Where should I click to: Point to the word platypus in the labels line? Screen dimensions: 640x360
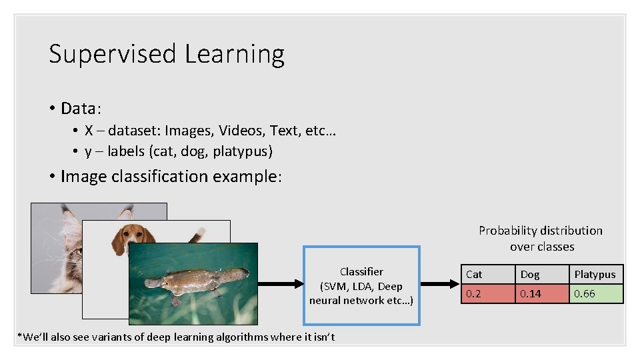[x=243, y=151]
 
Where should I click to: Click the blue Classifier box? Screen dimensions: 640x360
[x=361, y=285]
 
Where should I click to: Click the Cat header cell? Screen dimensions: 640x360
[x=489, y=274]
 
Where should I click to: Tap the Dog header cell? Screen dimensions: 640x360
[x=542, y=274]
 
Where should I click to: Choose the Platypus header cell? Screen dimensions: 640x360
[x=596, y=274]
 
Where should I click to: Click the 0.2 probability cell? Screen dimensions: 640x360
[x=489, y=293]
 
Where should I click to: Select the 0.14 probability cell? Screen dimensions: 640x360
[x=542, y=293]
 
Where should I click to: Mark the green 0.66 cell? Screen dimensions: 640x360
[x=596, y=293]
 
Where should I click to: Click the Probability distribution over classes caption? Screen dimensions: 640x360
[x=541, y=238]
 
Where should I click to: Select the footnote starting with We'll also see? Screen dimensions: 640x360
[x=176, y=337]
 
